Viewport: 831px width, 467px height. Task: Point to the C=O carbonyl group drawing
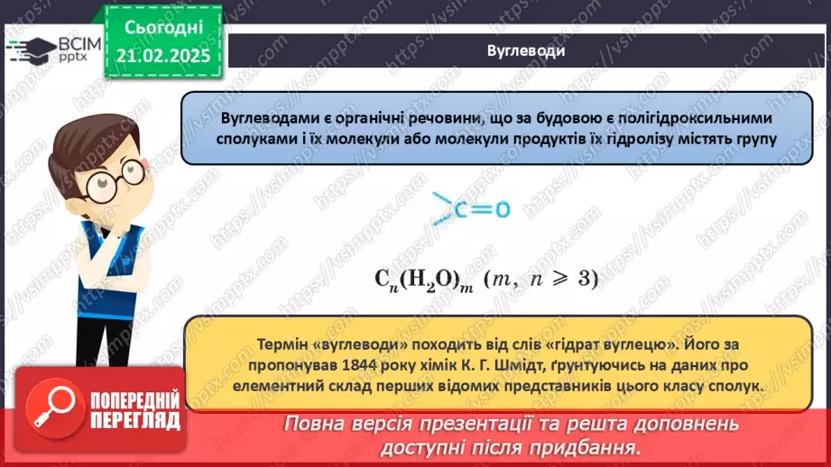point(470,210)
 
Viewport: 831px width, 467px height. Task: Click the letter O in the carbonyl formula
point(502,211)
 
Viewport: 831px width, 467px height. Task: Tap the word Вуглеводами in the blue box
point(262,118)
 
